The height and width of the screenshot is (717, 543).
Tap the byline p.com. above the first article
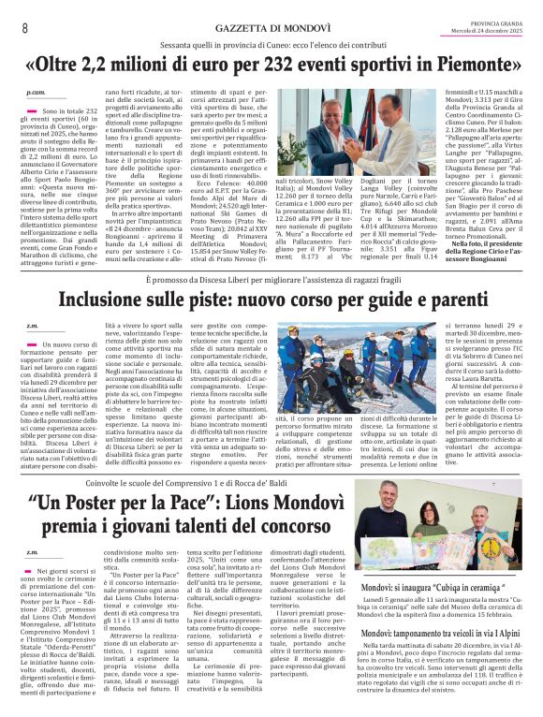pos(36,94)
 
